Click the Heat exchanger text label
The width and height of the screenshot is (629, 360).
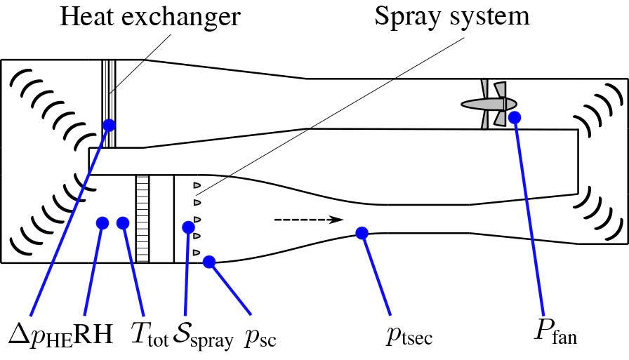point(150,17)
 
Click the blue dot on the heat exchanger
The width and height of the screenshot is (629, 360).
point(109,125)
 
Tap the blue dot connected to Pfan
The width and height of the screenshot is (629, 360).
point(515,117)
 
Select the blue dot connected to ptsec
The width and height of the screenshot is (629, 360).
point(362,233)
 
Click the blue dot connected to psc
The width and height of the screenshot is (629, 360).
point(208,262)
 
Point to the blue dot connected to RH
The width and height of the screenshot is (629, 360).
point(102,223)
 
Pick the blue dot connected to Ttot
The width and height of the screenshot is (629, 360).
point(123,223)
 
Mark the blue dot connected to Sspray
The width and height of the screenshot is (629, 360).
point(188,227)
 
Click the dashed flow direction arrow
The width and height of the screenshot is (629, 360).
point(307,220)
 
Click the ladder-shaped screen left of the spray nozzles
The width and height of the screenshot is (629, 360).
point(143,218)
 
